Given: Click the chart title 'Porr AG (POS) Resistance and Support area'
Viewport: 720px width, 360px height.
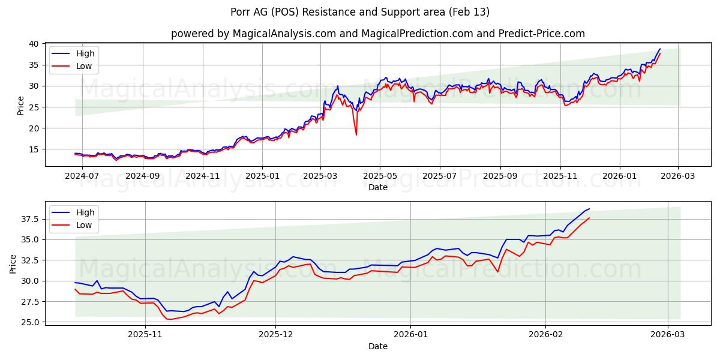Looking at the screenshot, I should click(360, 12).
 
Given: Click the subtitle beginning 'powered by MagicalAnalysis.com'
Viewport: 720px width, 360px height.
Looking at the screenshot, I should click(377, 34).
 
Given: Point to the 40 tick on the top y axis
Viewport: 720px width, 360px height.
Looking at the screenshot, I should click(34, 44).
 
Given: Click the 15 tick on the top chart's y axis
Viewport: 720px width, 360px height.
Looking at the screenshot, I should click(34, 149).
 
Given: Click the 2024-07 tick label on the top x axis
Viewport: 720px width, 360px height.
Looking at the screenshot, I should click(82, 176).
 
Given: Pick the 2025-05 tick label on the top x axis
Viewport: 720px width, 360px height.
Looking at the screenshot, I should click(379, 176).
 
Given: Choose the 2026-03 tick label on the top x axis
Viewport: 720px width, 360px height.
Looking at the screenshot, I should click(678, 176).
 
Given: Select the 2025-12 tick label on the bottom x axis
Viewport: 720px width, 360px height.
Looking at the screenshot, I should click(277, 335).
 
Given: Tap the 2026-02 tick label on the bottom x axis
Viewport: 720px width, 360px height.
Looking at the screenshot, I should click(547, 335).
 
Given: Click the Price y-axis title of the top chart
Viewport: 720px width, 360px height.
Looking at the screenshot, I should click(21, 105).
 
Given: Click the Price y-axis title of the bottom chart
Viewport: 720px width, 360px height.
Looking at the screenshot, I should click(13, 264).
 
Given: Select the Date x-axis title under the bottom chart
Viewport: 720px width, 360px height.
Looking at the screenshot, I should click(377, 346).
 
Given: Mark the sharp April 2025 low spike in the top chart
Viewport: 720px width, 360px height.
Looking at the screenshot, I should click(356, 134).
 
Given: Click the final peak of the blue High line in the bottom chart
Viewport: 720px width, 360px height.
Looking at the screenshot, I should click(589, 209).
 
